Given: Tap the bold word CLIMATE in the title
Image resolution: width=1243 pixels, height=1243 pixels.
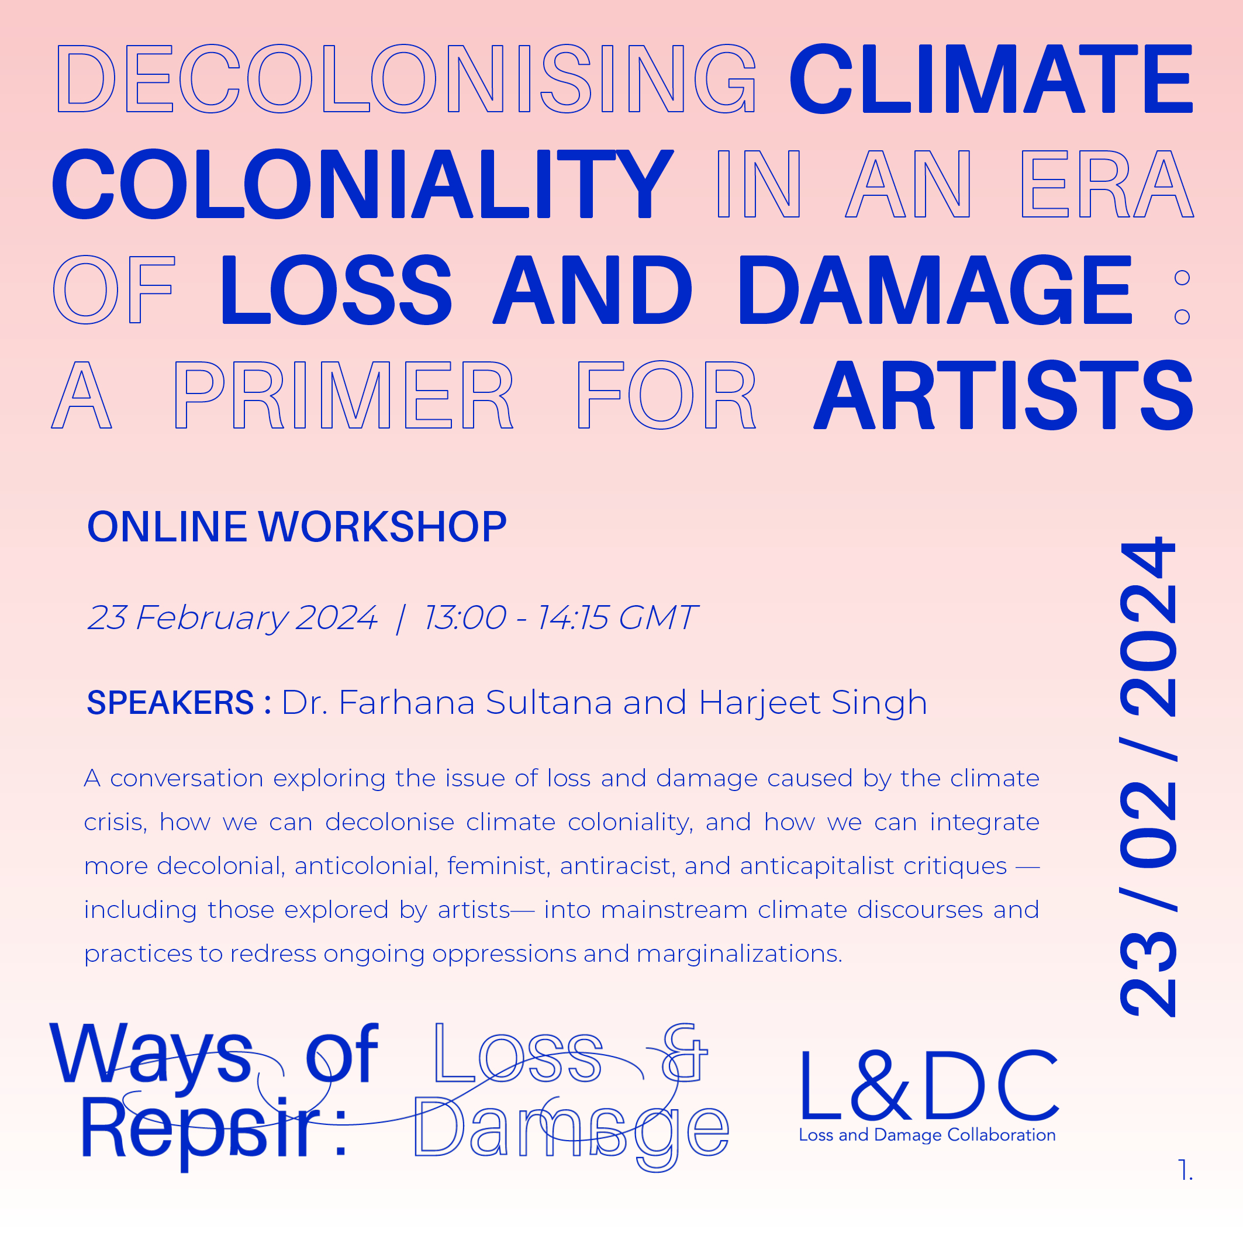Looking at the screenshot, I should [x=992, y=78].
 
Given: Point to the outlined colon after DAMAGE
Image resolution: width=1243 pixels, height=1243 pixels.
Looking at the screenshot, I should [x=1182, y=297].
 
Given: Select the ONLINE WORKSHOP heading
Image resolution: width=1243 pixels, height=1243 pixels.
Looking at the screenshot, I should [x=296, y=527].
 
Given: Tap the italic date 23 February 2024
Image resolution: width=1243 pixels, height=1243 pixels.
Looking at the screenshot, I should [x=232, y=617].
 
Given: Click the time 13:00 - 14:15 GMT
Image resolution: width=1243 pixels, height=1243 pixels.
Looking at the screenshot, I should [x=560, y=617].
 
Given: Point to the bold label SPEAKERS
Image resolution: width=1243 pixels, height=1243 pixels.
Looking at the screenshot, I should [x=171, y=703].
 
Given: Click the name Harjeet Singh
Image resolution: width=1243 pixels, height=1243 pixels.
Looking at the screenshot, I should [x=813, y=703].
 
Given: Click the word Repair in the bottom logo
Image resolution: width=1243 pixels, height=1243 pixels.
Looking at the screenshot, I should [x=199, y=1130].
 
